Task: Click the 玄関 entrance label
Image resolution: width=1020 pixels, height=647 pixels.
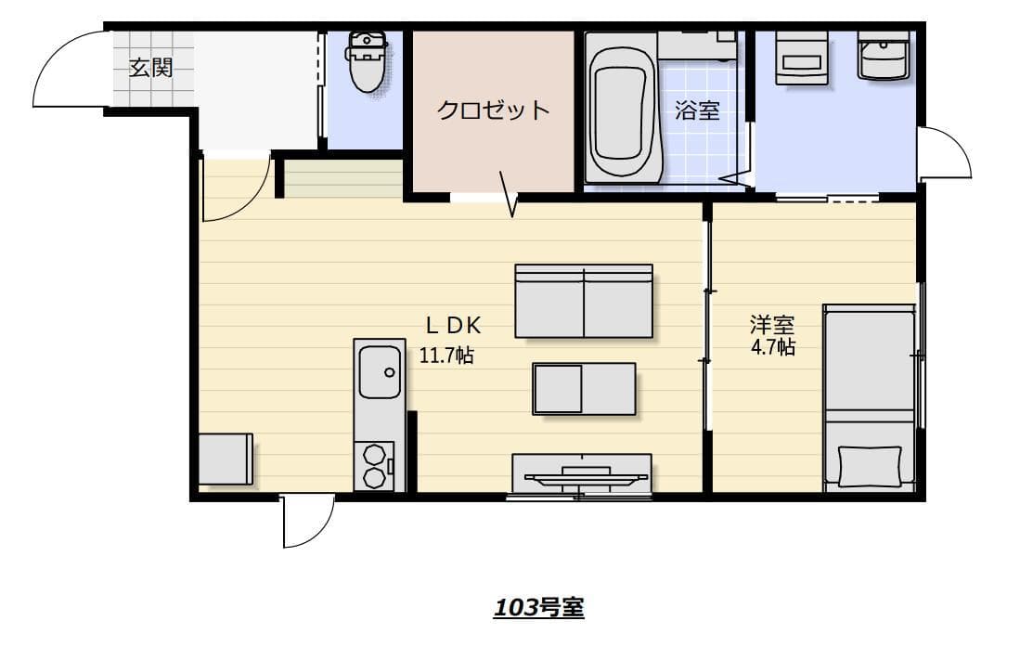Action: [150, 68]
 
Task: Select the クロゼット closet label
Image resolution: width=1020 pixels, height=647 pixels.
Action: [493, 110]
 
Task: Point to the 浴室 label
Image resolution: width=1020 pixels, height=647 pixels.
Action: [698, 110]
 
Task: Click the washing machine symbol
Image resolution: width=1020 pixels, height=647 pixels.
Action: [801, 58]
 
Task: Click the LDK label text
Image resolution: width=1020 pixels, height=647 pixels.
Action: [452, 325]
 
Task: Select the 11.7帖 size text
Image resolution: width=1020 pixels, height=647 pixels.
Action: [446, 355]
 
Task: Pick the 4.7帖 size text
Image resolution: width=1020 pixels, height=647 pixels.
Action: [772, 347]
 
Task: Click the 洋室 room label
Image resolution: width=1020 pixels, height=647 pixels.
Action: [772, 325]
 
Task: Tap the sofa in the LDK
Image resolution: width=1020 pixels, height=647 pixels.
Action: [584, 301]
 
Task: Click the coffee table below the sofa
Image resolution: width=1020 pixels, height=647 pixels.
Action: [584, 388]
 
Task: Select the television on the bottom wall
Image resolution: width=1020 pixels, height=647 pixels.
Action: [582, 475]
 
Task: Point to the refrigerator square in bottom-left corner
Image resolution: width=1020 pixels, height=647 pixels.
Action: [226, 459]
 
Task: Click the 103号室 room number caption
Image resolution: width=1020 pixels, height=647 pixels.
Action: [538, 608]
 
